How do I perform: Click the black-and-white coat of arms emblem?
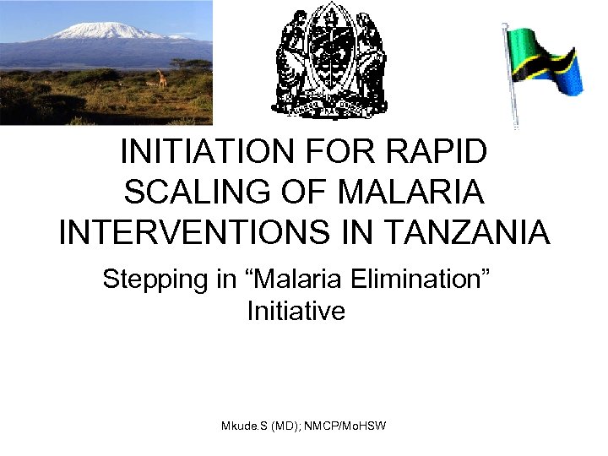point(328,62)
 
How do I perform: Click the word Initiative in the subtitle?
point(296,311)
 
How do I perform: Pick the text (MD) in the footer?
point(287,426)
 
